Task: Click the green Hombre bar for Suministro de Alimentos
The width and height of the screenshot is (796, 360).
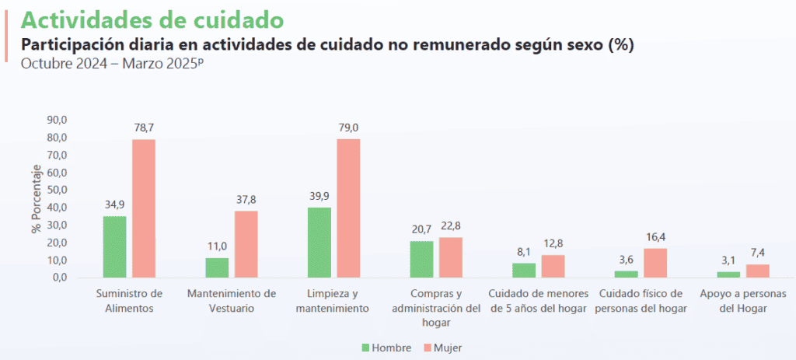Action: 114,246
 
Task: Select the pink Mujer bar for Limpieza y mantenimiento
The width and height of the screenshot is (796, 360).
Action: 348,208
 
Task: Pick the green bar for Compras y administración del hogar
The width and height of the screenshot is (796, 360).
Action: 421,259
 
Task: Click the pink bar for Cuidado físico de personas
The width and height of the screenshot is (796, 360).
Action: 655,263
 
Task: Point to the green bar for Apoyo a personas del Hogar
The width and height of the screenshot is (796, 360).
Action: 728,274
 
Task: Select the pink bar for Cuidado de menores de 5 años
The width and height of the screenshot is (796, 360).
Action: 553,266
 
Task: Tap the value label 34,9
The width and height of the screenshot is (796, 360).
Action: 114,205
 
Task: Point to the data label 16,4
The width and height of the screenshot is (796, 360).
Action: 655,237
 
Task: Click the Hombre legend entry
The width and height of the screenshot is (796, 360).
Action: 386,348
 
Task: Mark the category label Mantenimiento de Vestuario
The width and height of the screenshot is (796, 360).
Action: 232,301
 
